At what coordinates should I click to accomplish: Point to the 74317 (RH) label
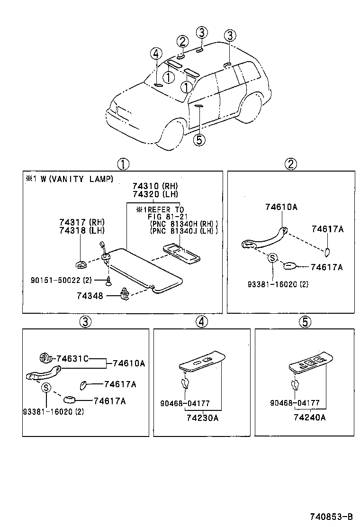click(x=82, y=222)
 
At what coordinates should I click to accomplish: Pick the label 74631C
click(x=72, y=358)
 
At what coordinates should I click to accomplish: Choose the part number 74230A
click(x=202, y=418)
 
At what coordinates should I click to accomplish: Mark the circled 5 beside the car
click(x=200, y=140)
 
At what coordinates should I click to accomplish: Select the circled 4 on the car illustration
click(x=157, y=54)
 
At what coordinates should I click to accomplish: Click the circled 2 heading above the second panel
click(x=290, y=164)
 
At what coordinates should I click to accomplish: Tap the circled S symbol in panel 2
click(x=272, y=258)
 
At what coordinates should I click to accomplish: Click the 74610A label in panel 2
click(x=281, y=207)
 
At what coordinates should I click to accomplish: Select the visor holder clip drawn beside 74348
click(x=126, y=294)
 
